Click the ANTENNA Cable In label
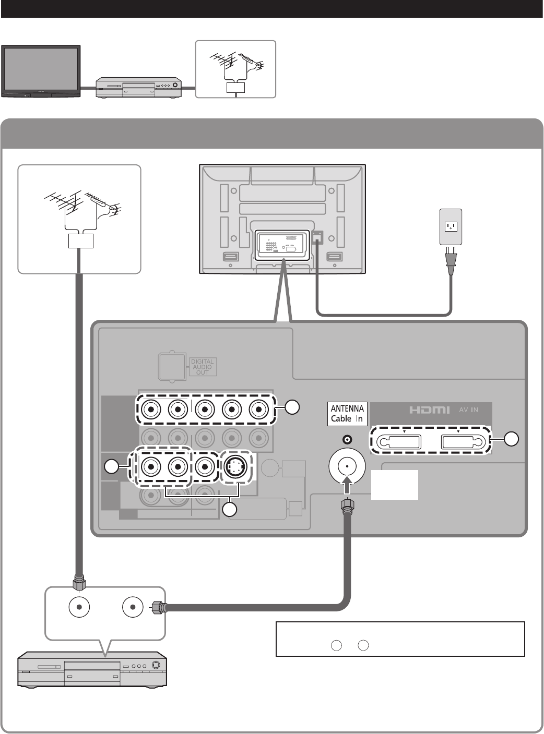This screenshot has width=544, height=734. (347, 414)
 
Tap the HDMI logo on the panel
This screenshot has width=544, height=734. (429, 410)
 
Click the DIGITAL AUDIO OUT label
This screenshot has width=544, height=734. (202, 367)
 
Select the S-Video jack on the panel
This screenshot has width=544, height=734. (235, 466)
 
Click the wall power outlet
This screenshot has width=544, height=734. (451, 227)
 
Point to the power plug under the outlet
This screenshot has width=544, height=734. (451, 261)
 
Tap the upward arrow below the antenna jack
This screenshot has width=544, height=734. (347, 485)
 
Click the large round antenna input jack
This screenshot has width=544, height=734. (347, 466)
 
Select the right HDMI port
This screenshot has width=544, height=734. (464, 442)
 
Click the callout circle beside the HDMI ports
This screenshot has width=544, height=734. (511, 439)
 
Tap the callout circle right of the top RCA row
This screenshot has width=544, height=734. (292, 407)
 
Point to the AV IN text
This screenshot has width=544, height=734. (468, 410)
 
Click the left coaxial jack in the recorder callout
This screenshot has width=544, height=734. (79, 607)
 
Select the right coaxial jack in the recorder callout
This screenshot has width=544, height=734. (133, 607)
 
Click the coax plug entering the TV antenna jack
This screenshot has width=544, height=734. (347, 506)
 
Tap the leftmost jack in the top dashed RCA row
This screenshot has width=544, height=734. (151, 410)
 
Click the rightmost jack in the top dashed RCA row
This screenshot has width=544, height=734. (259, 410)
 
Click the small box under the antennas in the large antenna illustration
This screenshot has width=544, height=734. (81, 241)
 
